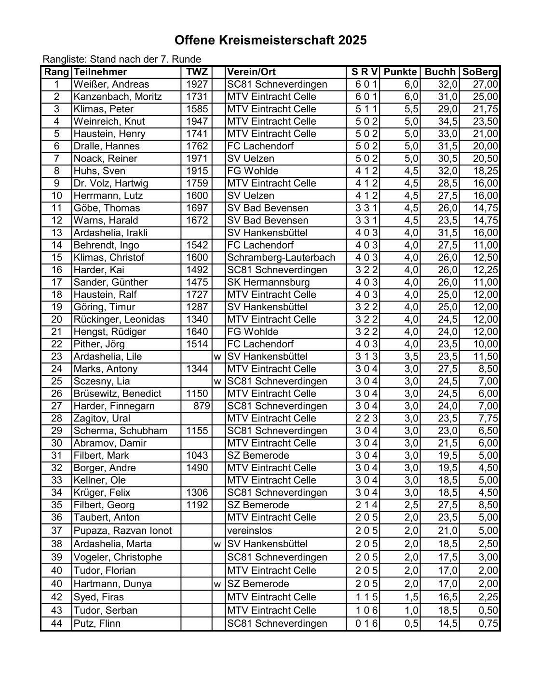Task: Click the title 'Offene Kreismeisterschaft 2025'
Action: click(270, 40)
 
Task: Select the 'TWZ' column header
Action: click(197, 72)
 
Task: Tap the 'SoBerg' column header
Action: click(480, 72)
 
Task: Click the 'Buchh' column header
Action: click(440, 72)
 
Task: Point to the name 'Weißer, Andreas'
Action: click(111, 85)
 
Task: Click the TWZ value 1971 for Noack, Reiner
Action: click(197, 159)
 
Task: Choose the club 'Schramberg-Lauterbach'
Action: click(281, 258)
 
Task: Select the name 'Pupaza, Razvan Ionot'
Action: click(122, 531)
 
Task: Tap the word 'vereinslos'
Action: click(250, 531)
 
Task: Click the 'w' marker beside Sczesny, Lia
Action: click(218, 382)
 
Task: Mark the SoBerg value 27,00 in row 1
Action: click(485, 85)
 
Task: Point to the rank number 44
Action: click(56, 624)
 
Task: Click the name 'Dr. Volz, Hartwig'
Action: click(111, 184)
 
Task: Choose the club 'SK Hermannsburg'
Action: click(269, 283)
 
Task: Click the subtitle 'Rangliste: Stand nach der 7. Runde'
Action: click(122, 60)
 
